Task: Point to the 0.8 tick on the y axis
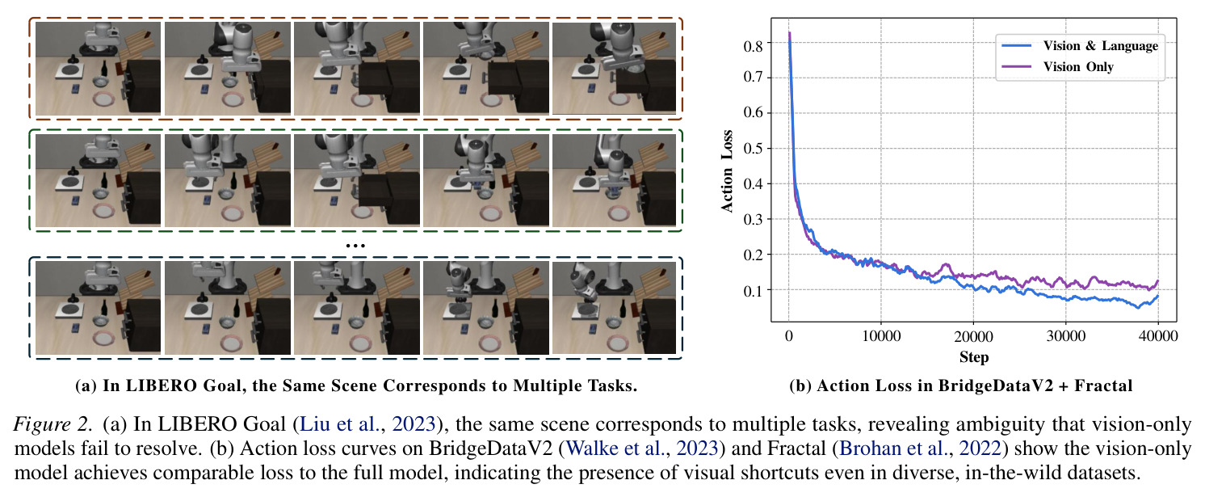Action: pos(753,46)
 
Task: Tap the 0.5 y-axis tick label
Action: pos(753,148)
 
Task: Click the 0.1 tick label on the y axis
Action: pos(753,291)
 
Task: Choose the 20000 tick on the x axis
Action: pos(973,336)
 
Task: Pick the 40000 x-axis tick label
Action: pos(1158,336)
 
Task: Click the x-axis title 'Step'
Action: pos(974,357)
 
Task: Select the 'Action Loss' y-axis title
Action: pos(727,171)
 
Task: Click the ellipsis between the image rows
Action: pos(355,246)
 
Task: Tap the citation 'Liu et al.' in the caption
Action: pos(339,424)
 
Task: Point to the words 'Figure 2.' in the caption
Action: pos(52,424)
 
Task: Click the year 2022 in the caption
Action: pos(980,449)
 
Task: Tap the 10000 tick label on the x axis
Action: pos(881,336)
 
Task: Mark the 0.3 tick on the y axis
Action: pos(753,219)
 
